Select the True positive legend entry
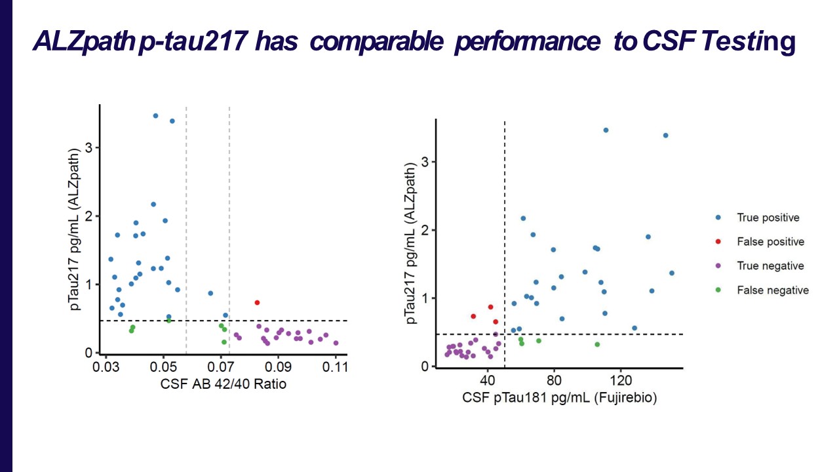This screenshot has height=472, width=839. (768, 218)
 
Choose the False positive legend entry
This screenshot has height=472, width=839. (770, 242)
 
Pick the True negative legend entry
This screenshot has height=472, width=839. (770, 266)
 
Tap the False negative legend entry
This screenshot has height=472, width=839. (772, 290)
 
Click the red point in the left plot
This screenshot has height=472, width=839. (257, 302)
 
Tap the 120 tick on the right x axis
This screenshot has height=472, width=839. (620, 381)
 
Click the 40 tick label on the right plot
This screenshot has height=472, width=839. (487, 381)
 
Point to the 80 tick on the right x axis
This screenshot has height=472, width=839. (554, 381)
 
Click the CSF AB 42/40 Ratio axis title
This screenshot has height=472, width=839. (223, 385)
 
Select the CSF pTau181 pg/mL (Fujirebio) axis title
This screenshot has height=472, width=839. (559, 398)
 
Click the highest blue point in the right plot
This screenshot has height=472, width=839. (606, 130)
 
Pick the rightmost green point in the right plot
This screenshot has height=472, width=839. (597, 344)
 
